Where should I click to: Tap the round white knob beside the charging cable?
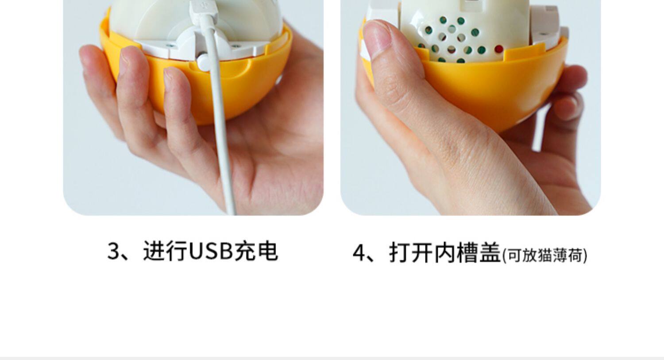click(204, 62)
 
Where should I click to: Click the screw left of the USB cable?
click(170, 46)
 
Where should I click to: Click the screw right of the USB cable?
click(235, 46)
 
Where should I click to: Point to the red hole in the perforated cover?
click(499, 49)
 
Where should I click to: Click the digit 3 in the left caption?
click(113, 252)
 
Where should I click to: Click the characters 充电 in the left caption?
click(256, 251)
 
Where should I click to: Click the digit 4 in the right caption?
click(359, 253)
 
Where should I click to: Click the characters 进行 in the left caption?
click(166, 251)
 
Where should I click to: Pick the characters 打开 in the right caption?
click(411, 252)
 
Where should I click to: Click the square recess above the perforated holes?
click(472, 4)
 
